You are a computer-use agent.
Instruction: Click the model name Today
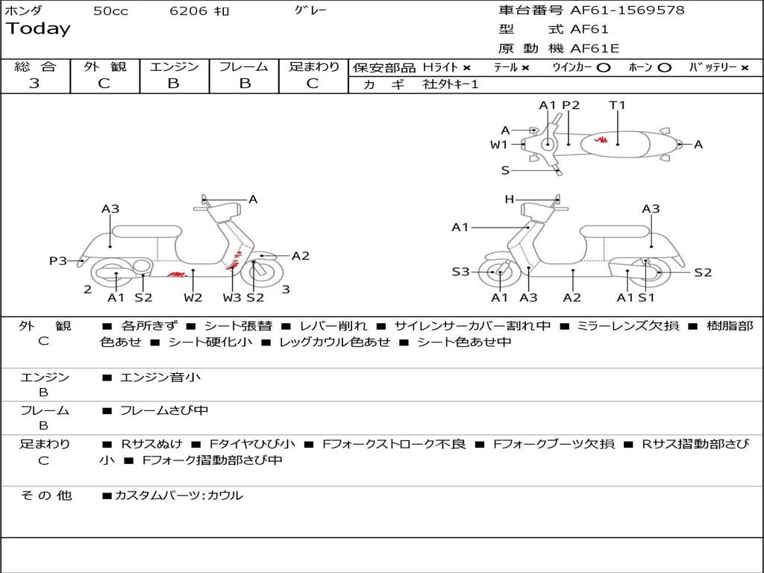point(38,29)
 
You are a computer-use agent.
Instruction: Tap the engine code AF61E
point(595,48)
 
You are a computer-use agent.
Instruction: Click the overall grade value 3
point(34,84)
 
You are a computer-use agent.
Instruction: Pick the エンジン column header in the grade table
point(174,66)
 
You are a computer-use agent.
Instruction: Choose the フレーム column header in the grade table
point(244,66)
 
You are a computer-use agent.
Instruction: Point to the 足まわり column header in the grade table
point(313,66)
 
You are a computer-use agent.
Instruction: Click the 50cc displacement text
point(110,11)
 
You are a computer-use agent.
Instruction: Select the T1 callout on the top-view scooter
point(617,105)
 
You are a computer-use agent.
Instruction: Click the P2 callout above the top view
point(571,105)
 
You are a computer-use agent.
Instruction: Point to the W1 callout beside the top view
point(498,145)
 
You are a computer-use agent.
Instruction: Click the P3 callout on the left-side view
point(58,261)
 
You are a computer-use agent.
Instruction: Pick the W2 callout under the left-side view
point(193,298)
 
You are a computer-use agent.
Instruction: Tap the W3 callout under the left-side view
point(231,298)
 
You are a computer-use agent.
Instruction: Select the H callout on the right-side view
point(509,199)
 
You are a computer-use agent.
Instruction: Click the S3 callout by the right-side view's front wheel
point(460,272)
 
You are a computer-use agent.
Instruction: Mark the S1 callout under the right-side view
point(646,298)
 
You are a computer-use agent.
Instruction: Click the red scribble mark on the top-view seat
point(598,140)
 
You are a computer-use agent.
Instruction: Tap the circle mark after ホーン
point(664,67)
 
